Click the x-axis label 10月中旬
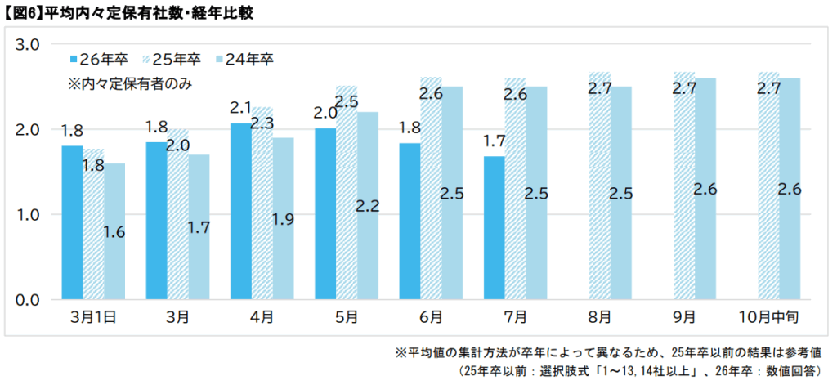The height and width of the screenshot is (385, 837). point(768,316)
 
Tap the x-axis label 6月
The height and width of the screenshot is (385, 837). point(431,316)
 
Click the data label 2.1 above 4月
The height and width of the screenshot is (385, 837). point(240,108)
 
